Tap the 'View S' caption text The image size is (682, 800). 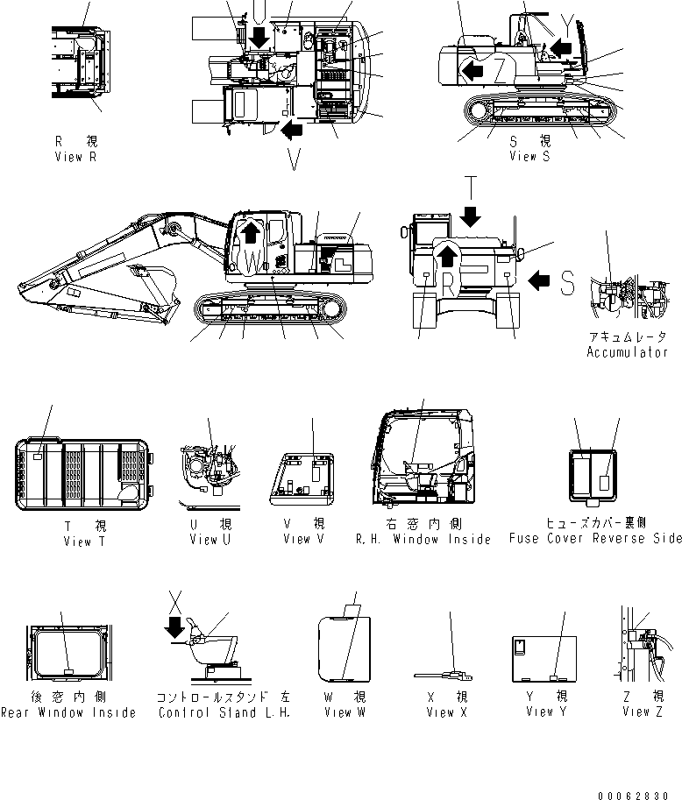529,156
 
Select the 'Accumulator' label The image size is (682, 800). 627,352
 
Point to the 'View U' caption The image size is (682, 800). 210,539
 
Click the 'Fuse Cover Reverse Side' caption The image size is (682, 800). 594,539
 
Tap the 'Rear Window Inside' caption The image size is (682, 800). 68,712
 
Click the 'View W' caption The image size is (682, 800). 337,712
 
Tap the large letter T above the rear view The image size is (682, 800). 471,188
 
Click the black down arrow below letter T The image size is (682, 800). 471,215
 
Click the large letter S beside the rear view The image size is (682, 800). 567,281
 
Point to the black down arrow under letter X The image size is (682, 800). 176,627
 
